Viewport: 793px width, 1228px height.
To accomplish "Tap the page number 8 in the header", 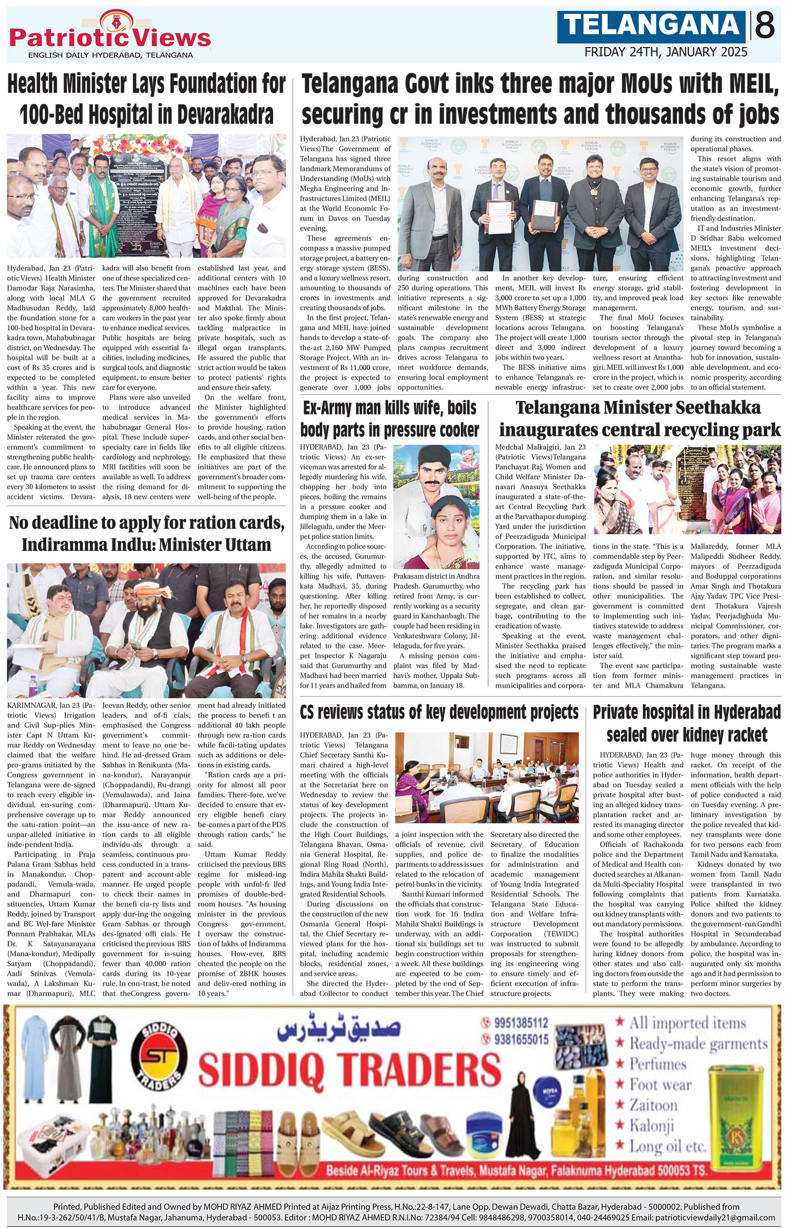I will point(765,26).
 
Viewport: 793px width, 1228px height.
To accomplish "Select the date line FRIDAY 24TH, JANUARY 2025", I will point(666,52).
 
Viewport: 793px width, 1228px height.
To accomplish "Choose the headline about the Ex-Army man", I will point(389,418).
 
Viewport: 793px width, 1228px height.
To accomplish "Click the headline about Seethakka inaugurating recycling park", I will point(639,418).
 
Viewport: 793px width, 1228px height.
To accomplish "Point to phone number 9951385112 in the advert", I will point(520,1022).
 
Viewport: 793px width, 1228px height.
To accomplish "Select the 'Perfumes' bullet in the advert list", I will point(658,1064).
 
